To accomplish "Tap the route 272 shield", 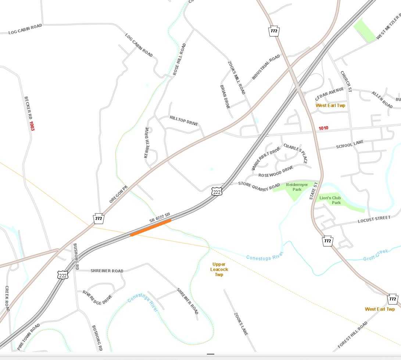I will click(99, 218).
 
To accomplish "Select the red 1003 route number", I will click(32, 126).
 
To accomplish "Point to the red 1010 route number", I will click(323, 128).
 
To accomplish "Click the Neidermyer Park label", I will click(297, 187).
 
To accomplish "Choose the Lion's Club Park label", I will click(330, 200).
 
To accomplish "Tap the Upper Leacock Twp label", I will click(219, 269).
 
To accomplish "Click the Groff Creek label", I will click(376, 254).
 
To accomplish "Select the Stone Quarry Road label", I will click(259, 186).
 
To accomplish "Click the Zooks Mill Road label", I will click(236, 78).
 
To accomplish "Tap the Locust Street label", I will click(374, 220).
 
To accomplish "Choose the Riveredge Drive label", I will click(97, 297).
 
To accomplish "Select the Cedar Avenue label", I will click(329, 93).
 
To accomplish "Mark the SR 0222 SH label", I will click(160, 217).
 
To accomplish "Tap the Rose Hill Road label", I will click(179, 60).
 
